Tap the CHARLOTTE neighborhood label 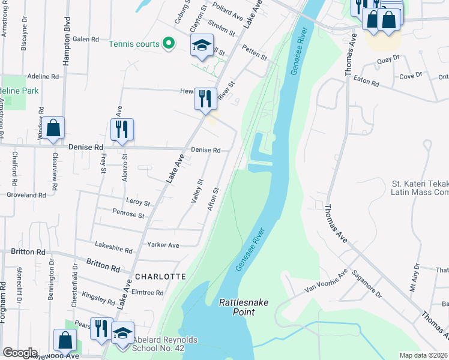[160, 277]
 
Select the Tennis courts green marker [169, 44]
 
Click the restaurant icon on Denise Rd [122, 129]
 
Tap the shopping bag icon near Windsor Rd [53, 128]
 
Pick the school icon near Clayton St [202, 45]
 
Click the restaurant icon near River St [205, 98]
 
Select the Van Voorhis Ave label [326, 283]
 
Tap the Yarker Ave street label [164, 245]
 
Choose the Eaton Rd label [366, 82]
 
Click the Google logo [20, 353]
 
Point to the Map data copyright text [424, 355]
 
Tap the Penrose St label [128, 213]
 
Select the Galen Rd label [85, 39]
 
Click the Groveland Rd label [26, 195]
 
